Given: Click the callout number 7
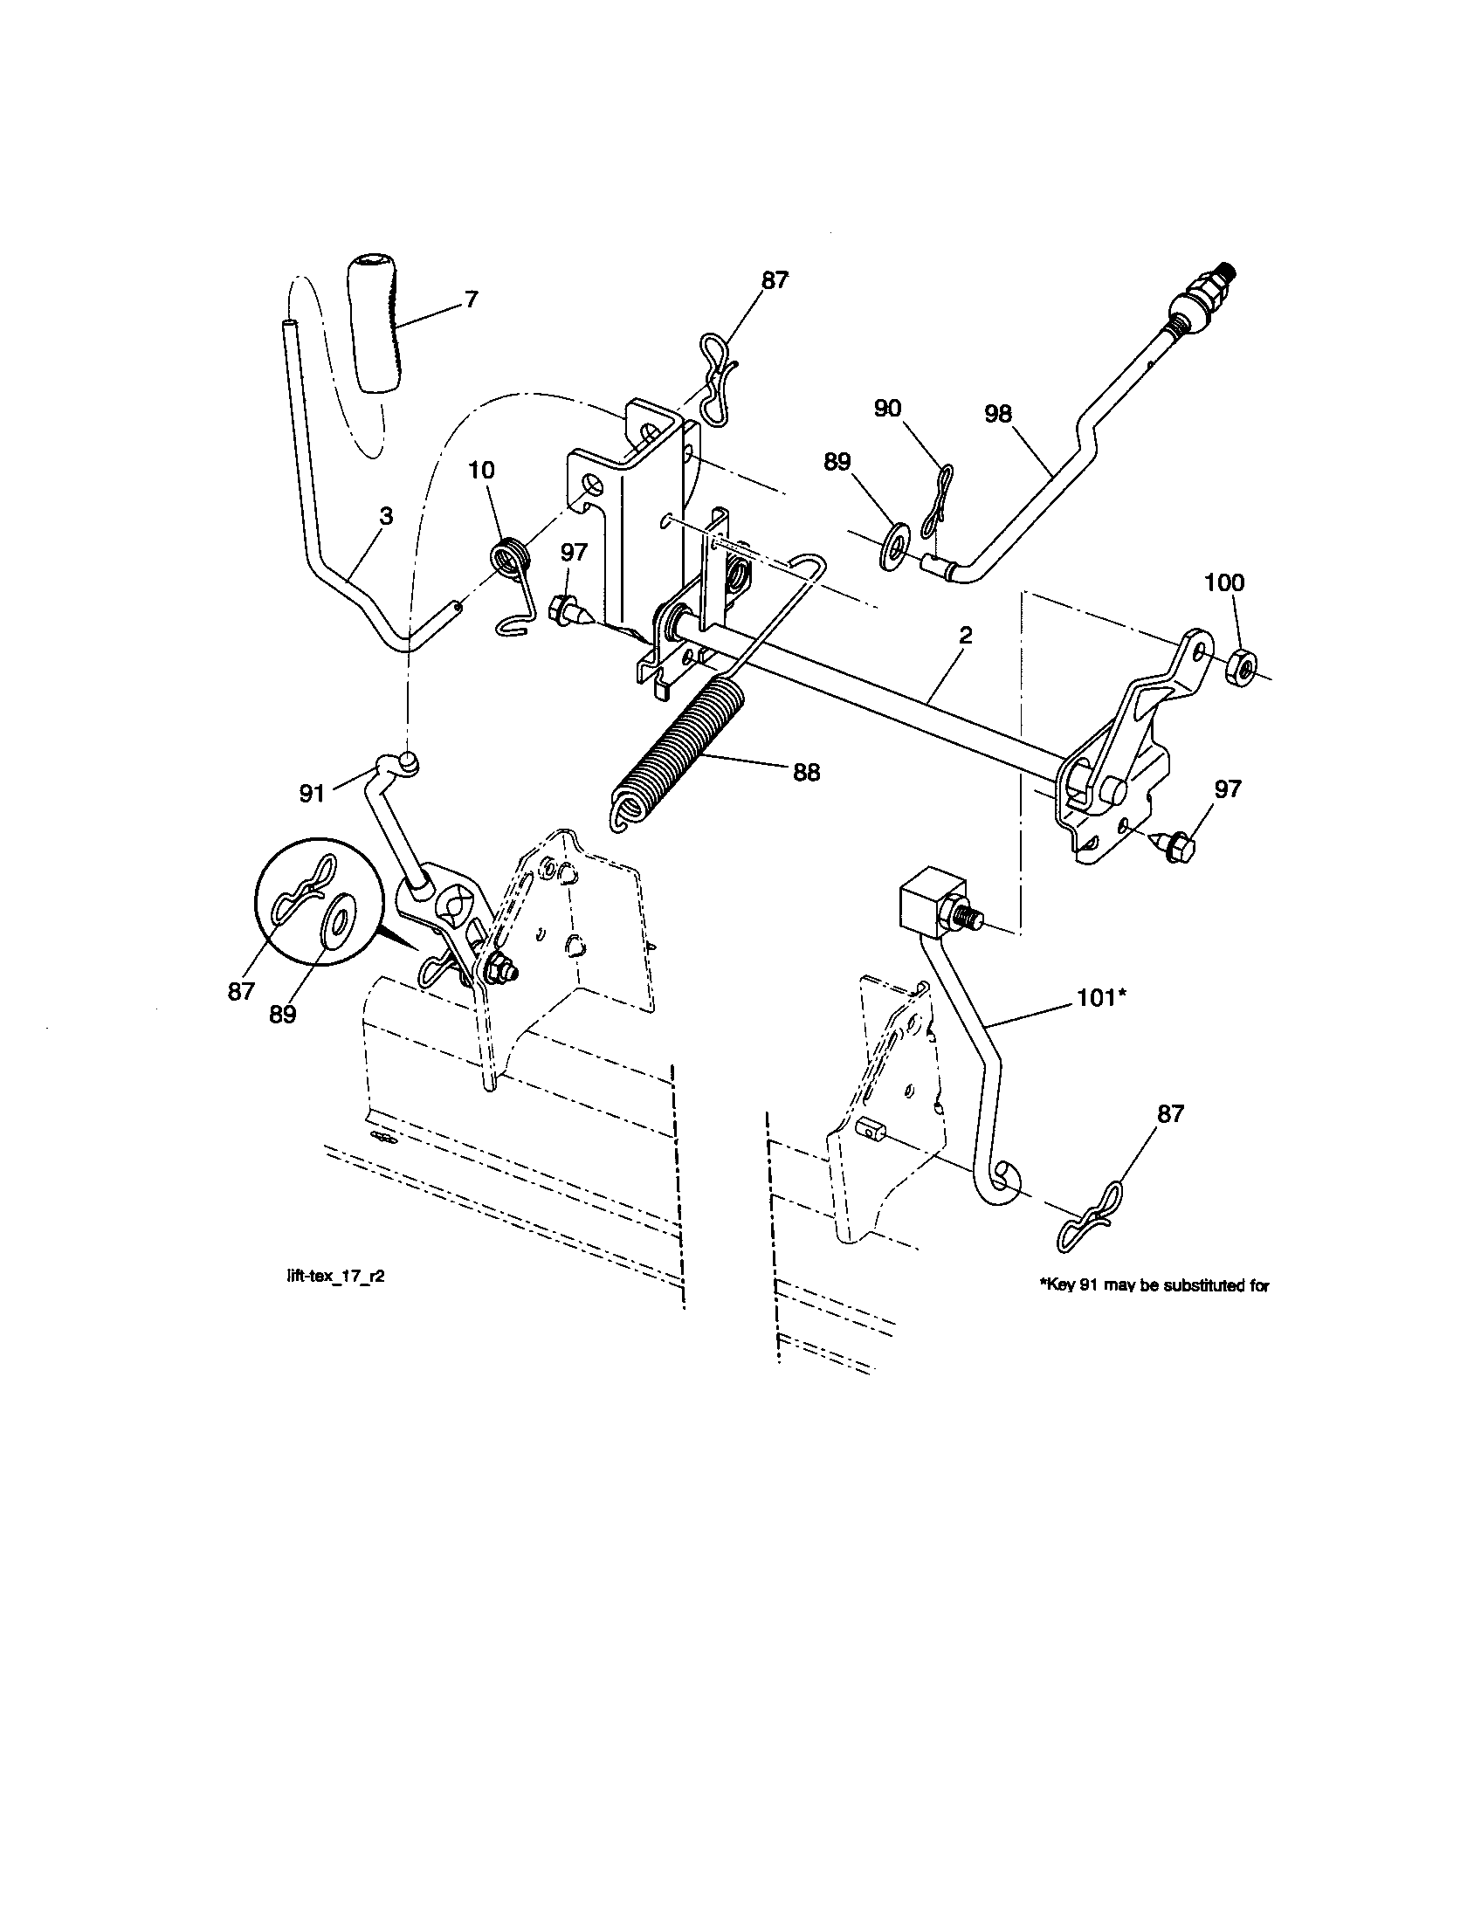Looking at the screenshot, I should [471, 300].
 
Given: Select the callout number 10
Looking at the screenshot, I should [481, 470].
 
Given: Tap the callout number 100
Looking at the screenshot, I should [1224, 582].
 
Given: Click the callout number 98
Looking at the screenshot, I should [998, 413].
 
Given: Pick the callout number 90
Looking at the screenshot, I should [887, 409].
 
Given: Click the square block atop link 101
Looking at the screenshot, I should [922, 898].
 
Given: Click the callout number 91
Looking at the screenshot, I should [313, 794].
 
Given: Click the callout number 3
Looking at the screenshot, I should [385, 516].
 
